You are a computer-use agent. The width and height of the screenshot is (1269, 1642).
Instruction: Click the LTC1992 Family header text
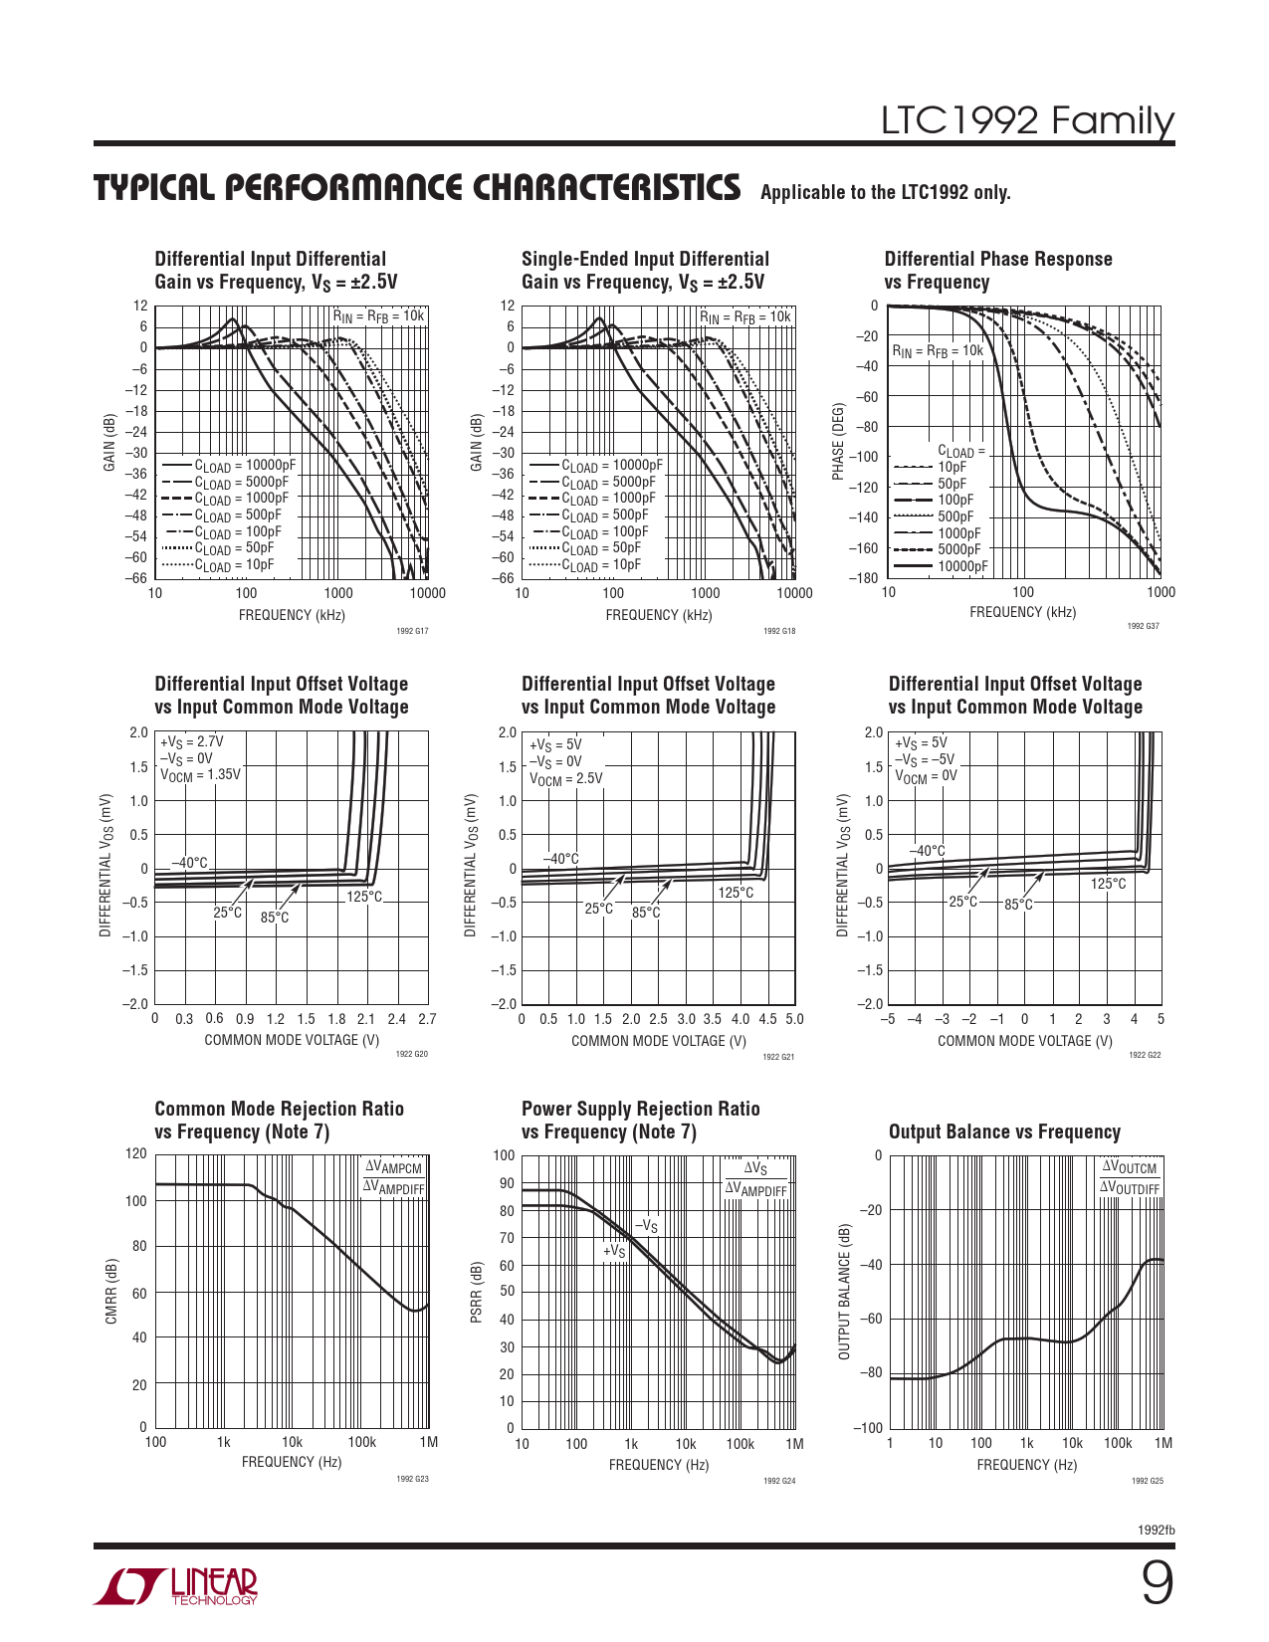tap(1027, 120)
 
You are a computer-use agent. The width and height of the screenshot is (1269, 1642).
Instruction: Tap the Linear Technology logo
tap(176, 1586)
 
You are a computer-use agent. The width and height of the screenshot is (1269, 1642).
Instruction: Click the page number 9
tap(1156, 1583)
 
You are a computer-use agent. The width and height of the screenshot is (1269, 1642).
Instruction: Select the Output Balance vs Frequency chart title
tap(1004, 1131)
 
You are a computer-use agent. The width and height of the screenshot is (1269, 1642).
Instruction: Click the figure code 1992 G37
tap(1143, 626)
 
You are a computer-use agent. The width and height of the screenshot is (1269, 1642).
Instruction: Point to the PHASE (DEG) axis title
tap(838, 442)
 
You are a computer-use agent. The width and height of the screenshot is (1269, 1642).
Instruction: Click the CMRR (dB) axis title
tap(111, 1291)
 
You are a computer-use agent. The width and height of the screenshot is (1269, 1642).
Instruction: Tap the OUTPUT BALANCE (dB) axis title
tap(845, 1291)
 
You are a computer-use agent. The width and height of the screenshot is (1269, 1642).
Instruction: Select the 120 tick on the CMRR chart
tap(135, 1153)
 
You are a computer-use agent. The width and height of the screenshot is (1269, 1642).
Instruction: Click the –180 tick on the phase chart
tap(863, 578)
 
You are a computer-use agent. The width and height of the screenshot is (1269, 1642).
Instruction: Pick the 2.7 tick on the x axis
tap(427, 1019)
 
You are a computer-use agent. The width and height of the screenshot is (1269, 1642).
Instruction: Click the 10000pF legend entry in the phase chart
tap(962, 566)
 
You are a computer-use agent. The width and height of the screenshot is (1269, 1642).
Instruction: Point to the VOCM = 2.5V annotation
tap(565, 778)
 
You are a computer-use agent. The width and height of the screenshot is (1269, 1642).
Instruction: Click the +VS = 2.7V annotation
tap(191, 741)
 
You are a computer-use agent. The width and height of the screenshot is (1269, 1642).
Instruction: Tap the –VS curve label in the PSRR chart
tap(646, 1226)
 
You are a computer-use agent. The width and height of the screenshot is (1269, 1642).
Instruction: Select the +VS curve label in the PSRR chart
tap(614, 1250)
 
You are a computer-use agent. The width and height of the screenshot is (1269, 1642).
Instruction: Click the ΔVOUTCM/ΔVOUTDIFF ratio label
tap(1130, 1178)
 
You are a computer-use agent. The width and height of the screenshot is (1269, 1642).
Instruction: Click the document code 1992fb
tap(1156, 1530)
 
